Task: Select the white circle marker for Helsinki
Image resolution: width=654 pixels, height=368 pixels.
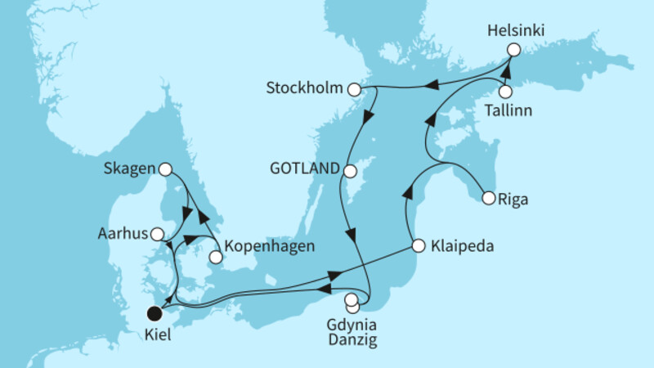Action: click(x=513, y=50)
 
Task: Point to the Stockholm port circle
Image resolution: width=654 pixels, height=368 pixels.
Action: click(x=354, y=88)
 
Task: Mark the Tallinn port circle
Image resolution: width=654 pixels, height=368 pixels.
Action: click(x=506, y=92)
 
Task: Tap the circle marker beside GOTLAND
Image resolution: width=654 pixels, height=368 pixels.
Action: click(x=350, y=172)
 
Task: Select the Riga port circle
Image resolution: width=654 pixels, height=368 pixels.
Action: click(x=488, y=198)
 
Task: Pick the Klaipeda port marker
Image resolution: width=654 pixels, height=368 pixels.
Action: click(x=418, y=245)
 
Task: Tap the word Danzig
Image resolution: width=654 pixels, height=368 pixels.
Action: click(x=352, y=335)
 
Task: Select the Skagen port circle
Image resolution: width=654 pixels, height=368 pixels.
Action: click(x=165, y=169)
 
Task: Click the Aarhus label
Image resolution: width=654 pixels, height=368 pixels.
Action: click(x=125, y=234)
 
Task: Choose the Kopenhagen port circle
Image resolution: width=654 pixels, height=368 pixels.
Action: click(x=215, y=257)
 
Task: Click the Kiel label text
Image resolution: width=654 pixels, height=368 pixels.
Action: click(x=155, y=335)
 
